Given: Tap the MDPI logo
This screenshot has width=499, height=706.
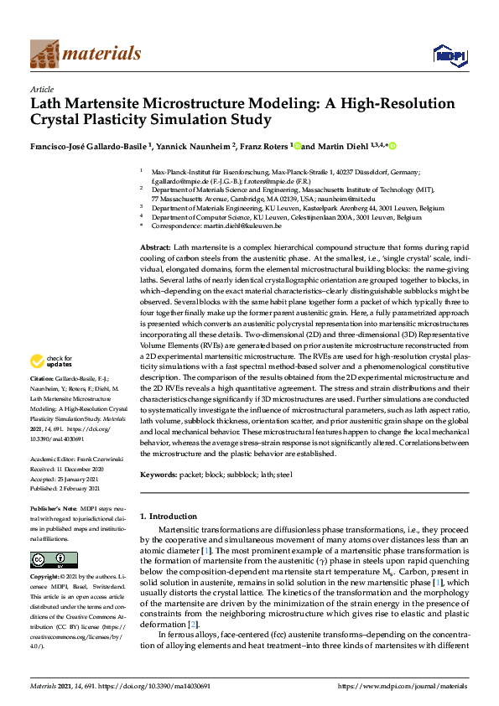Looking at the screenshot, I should (448, 55).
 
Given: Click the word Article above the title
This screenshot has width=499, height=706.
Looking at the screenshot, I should (42, 89).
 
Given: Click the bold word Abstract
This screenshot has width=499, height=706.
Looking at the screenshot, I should (154, 250).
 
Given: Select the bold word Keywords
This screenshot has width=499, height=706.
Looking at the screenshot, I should (159, 475).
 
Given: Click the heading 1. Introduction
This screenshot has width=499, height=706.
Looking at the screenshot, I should (173, 517).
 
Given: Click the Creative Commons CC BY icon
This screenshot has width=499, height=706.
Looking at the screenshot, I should (43, 559).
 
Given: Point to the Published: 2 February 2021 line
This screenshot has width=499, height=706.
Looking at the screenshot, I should (70, 474).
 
